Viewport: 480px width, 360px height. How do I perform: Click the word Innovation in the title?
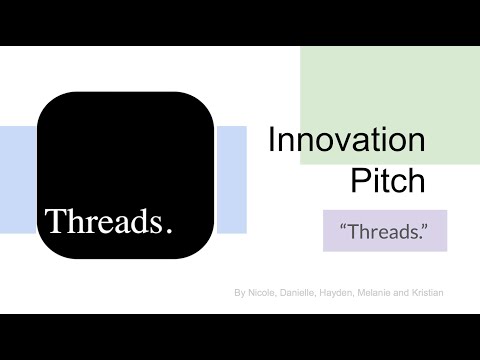point(346,141)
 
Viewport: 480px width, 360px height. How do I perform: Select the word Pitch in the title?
point(388,181)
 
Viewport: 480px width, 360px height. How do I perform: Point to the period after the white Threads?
point(168,229)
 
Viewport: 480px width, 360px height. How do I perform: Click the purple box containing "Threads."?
point(385,231)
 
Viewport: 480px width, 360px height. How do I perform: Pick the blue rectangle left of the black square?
point(17,180)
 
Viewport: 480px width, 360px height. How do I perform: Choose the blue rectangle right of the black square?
point(231,180)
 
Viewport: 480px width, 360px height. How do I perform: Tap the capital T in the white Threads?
point(53,220)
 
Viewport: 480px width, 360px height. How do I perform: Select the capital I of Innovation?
point(272,141)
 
